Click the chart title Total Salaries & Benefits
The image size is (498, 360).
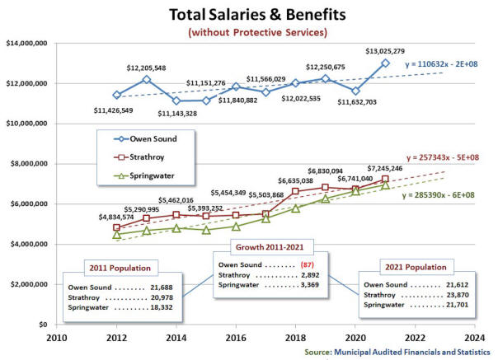tap(256, 15)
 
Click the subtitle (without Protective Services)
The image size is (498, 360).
tap(256, 33)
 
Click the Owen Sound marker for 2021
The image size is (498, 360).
tap(385, 63)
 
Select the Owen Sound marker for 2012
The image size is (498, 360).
tap(117, 95)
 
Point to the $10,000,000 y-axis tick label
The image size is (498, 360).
tap(27, 124)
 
